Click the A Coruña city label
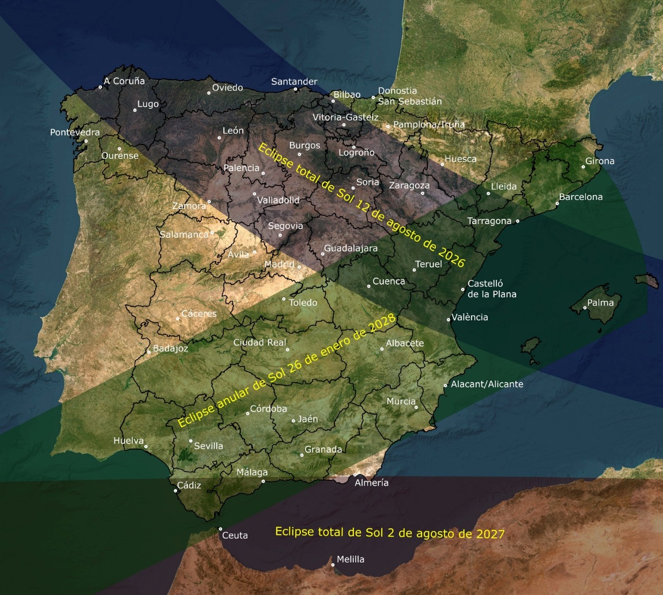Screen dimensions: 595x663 pyautogui.click(x=124, y=81)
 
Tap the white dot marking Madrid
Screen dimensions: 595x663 pyautogui.click(x=299, y=267)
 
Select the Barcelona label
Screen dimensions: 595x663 pyautogui.click(x=581, y=197)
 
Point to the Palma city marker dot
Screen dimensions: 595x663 pyautogui.click(x=585, y=308)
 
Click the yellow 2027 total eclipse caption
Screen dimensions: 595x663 pyautogui.click(x=390, y=533)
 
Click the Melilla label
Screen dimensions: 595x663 pyautogui.click(x=350, y=559)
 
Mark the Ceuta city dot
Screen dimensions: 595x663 pyautogui.click(x=220, y=529)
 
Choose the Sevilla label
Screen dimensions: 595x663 pyautogui.click(x=208, y=446)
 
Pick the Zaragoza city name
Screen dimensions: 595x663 pyautogui.click(x=409, y=185)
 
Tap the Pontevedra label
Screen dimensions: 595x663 pyautogui.click(x=75, y=132)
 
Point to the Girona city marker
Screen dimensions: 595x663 pyautogui.click(x=583, y=167)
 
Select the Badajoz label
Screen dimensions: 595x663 pyautogui.click(x=170, y=348)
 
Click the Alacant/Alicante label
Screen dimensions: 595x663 pyautogui.click(x=487, y=384)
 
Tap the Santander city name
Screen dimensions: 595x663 pyautogui.click(x=294, y=82)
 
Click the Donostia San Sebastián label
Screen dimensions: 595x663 pyautogui.click(x=409, y=96)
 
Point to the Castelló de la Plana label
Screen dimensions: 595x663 pyautogui.click(x=491, y=289)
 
